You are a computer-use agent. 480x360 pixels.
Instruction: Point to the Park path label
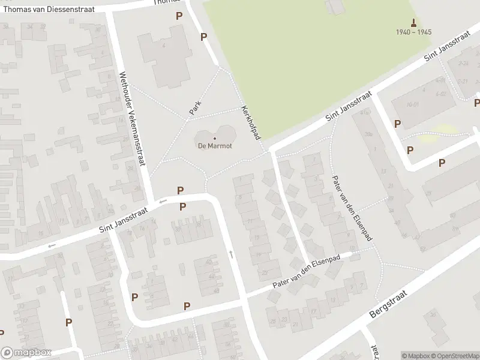click(194, 108)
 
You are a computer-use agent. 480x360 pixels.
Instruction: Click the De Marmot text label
click(215, 145)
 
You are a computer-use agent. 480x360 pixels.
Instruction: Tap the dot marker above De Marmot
click(215, 138)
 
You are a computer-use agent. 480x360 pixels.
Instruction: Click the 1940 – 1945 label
click(413, 32)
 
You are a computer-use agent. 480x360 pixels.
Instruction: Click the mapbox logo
click(26, 353)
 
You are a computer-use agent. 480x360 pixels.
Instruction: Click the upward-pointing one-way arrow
click(231, 254)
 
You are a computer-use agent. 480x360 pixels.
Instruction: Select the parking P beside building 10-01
click(397, 124)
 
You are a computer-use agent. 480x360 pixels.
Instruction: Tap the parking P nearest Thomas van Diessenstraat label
click(179, 16)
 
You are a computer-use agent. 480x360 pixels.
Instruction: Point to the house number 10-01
click(412, 103)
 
